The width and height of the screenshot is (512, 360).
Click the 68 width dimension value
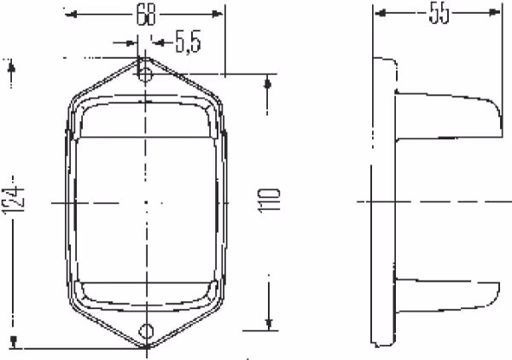point(146,15)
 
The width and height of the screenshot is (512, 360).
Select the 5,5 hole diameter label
point(188,42)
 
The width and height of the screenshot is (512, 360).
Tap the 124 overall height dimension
point(14,200)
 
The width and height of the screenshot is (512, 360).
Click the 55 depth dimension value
point(439,13)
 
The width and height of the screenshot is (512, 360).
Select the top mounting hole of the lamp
point(146,74)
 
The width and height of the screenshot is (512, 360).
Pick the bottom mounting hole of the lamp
point(146,331)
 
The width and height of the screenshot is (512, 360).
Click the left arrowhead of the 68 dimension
point(71,15)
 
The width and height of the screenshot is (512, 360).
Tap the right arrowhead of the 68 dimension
point(217,14)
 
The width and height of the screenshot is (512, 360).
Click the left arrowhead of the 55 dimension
point(381,13)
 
